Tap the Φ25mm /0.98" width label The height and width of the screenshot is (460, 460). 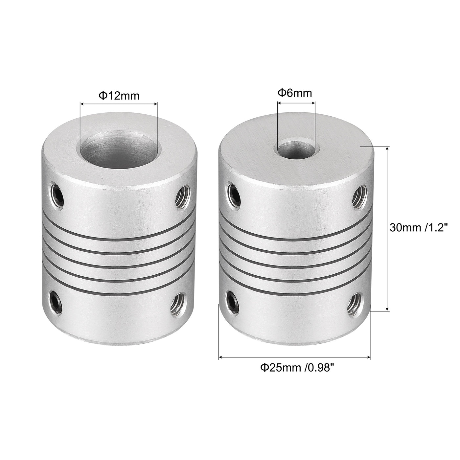click(x=295, y=367)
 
